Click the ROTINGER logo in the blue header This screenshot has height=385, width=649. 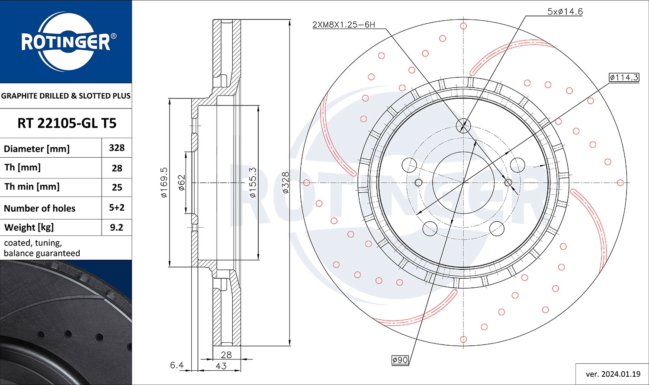66,41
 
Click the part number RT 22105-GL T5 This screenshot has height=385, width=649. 67,123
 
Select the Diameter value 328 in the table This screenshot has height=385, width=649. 117,148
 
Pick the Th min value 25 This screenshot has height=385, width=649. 117,188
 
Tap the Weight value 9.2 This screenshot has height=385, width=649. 116,227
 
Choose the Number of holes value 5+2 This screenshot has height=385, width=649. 117,207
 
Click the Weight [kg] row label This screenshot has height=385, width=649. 29,228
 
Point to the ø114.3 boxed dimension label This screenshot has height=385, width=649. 624,77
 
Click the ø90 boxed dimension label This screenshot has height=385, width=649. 400,360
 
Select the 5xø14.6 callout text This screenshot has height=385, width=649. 565,12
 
